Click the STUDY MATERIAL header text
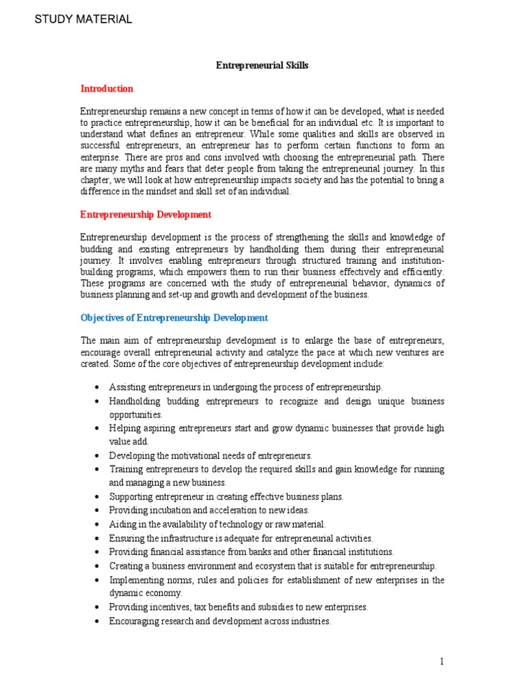pos(83,19)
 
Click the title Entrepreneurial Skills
pos(262,66)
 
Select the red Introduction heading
pos(107,89)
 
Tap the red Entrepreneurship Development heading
pos(146,215)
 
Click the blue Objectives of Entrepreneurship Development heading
pos(174,318)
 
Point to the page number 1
pos(442,662)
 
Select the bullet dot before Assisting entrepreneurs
pos(99,388)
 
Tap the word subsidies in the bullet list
pos(275,607)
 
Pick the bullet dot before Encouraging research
pos(99,621)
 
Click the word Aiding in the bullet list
pos(122,524)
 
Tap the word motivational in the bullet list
pos(189,455)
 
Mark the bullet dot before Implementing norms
pos(99,580)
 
